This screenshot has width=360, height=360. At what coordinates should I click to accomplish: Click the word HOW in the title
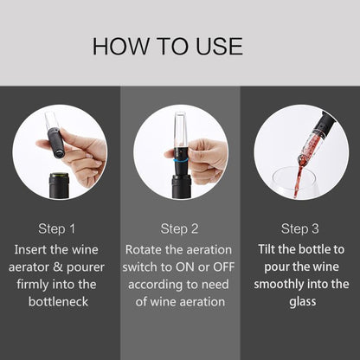(120, 46)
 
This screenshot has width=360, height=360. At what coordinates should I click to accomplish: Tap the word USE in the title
(219, 46)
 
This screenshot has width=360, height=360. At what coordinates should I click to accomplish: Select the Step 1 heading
(57, 228)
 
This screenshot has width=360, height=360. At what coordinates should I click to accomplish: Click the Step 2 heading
(179, 228)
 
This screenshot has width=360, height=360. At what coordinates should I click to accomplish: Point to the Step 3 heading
(300, 228)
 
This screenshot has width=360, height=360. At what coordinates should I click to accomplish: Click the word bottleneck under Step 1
(58, 302)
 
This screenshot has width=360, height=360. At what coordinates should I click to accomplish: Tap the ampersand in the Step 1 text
(57, 267)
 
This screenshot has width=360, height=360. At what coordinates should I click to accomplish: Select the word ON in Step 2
(185, 267)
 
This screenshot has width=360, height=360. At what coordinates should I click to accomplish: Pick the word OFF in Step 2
(223, 267)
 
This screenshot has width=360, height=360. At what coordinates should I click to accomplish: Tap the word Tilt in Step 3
(266, 249)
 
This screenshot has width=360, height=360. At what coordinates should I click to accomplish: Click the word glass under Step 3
(303, 302)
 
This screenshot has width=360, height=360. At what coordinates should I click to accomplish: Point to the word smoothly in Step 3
(279, 285)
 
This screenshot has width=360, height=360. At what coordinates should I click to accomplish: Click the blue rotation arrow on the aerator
(181, 160)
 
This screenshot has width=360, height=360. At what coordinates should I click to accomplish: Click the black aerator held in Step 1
(57, 142)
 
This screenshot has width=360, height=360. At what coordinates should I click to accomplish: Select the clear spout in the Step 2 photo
(180, 130)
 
